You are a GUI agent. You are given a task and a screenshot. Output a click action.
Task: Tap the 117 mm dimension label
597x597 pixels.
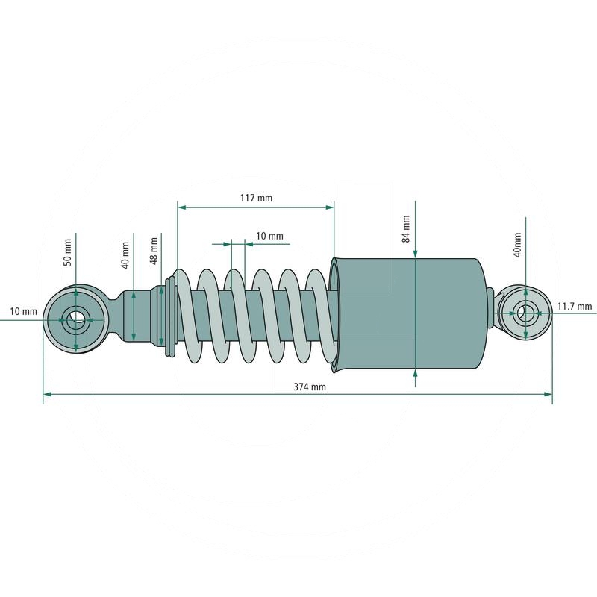tap(256, 198)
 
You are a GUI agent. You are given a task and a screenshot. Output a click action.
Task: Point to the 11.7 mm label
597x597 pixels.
tap(575, 306)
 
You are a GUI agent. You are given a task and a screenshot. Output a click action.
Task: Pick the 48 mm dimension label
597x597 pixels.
tap(154, 249)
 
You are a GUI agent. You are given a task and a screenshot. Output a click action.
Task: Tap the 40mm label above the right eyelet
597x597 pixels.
tap(517, 244)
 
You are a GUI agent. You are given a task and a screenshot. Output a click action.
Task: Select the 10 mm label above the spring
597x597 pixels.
tap(269, 236)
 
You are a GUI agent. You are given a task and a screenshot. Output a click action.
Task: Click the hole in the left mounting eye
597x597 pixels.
tap(76, 319)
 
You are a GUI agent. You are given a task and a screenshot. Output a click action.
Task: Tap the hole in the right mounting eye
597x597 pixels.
tap(526, 313)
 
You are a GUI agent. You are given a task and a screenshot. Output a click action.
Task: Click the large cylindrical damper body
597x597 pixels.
tap(410, 313)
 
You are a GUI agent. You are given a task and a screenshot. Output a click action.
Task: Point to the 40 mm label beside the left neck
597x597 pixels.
tap(126, 252)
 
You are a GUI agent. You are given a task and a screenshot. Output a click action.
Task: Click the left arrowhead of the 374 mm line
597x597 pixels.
tap(47, 394)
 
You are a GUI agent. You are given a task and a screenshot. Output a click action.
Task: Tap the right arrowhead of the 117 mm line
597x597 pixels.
tap(330, 207)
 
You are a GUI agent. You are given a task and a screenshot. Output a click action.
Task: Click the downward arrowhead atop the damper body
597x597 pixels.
tap(414, 253)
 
